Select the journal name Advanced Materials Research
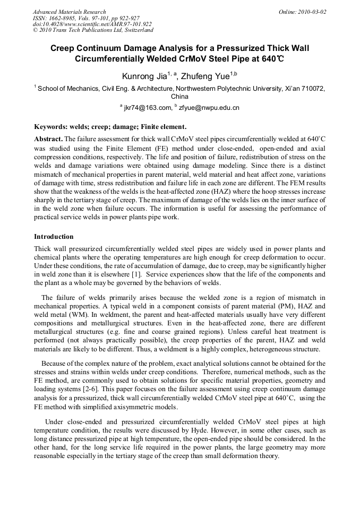[69, 12]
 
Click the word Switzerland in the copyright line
[137, 30]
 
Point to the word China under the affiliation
[179, 97]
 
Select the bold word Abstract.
[48, 138]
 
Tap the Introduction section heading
[54, 237]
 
